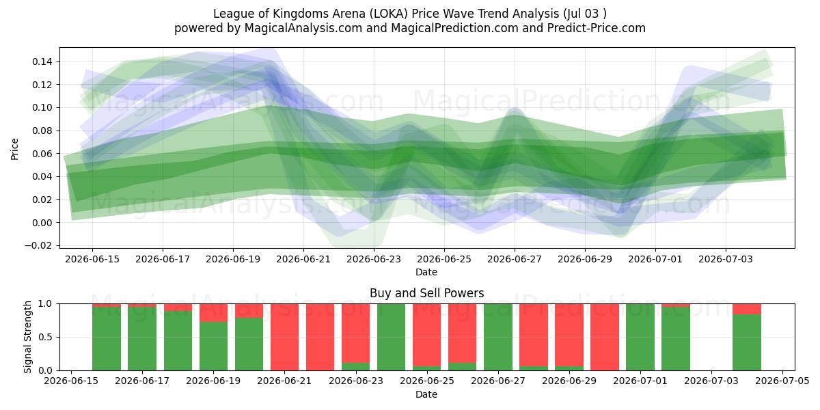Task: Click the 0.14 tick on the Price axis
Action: coord(42,61)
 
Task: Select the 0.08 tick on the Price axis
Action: coord(42,131)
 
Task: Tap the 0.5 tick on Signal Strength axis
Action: coord(45,337)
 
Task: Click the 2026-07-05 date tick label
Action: coord(782,381)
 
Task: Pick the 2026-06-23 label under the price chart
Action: coord(374,259)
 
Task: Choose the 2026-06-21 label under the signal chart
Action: coord(284,381)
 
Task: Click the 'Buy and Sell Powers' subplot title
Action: coord(427,293)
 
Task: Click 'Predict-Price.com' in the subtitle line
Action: coord(597,28)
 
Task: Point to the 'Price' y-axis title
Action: coord(14,149)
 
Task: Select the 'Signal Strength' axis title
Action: coord(27,337)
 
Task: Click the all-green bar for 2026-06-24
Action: coord(391,337)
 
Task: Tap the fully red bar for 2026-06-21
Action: coord(284,337)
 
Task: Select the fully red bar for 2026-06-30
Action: coord(604,337)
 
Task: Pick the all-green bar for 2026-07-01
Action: coord(640,337)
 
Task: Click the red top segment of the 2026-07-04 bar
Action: coord(747,309)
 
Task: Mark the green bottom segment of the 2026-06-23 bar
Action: coord(355,366)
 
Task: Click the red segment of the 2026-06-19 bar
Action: coord(213,313)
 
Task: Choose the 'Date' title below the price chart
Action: coord(426,272)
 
